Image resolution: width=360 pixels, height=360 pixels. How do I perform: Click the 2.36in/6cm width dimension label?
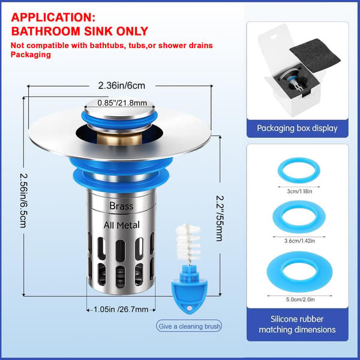(121, 86)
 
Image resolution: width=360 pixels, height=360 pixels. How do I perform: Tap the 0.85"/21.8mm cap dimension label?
(122, 103)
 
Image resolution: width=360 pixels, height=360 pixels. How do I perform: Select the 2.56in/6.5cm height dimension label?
(23, 200)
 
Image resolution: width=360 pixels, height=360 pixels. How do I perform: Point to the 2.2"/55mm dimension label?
(220, 218)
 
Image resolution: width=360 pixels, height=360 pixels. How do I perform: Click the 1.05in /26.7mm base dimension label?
(121, 309)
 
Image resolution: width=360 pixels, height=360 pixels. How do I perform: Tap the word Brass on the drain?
(121, 206)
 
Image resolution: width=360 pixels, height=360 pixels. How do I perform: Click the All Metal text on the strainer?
(121, 225)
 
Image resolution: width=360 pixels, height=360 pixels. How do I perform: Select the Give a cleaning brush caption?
(189, 326)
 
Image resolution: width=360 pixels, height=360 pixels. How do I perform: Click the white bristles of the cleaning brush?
(188, 242)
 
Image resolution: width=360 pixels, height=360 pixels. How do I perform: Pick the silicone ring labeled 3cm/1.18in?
(299, 170)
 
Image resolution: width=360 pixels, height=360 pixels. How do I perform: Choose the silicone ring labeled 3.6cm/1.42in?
(299, 217)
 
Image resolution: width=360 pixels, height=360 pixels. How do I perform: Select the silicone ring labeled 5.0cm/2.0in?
(299, 271)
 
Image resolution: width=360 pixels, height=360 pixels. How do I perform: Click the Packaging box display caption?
(297, 128)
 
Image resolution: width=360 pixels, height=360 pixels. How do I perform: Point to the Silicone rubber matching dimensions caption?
(297, 324)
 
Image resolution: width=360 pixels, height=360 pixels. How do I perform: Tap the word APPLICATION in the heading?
(53, 17)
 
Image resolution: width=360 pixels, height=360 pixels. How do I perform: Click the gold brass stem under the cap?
(119, 139)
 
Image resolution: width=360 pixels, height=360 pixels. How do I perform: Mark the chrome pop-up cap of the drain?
(119, 110)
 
